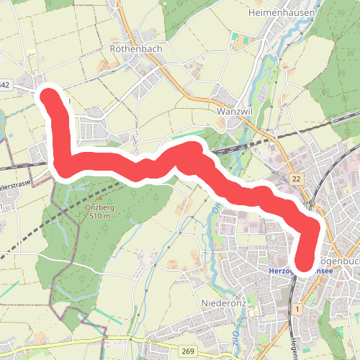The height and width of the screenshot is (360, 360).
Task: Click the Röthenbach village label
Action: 130,49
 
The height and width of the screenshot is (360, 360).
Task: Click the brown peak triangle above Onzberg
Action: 100,197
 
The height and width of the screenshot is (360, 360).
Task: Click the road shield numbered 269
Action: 189,350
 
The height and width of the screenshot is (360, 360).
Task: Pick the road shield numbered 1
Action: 296,309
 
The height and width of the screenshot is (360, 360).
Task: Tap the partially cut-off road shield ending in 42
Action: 5,85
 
